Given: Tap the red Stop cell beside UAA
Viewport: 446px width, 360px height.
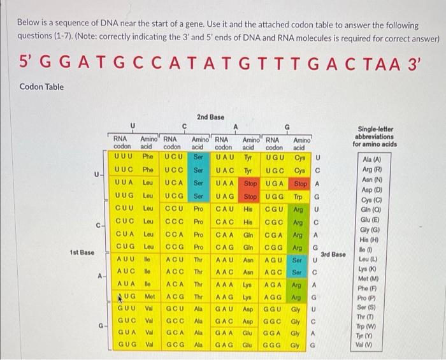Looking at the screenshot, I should (251, 183).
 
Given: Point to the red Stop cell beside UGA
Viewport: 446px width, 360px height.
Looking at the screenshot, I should (299, 183).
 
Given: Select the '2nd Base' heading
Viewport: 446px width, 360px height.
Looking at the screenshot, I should (210, 117).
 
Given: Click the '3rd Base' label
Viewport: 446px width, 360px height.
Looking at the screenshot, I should (333, 255).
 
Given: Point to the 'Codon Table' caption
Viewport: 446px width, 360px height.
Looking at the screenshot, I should (41, 87).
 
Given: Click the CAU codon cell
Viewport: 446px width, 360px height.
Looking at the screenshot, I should (226, 208).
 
